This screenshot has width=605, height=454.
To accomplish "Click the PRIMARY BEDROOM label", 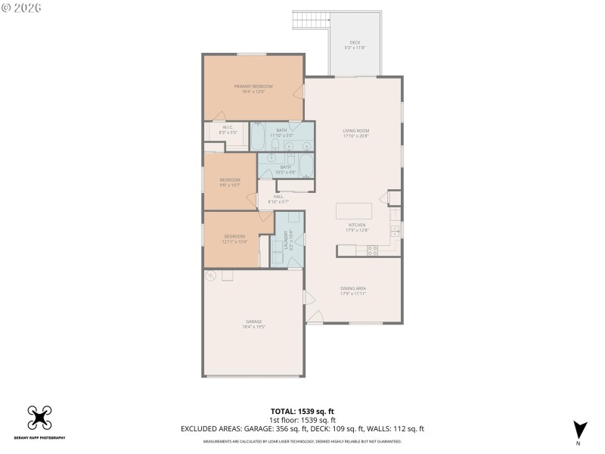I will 253,86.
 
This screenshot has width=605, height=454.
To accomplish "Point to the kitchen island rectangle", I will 355,210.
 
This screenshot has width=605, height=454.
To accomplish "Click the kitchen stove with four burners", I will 372,251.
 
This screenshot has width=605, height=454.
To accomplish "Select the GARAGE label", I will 253,322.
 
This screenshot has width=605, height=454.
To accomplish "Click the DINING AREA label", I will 354,288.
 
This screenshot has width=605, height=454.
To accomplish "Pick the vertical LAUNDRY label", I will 286,240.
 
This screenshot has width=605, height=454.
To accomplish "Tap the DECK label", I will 355,42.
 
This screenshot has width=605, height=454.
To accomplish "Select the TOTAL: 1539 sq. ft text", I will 302,411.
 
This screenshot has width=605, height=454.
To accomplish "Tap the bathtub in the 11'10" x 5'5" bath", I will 258,136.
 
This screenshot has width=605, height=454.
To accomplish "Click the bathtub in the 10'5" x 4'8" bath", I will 306,165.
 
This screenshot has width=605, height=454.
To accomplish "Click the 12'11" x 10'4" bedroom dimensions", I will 234,242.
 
